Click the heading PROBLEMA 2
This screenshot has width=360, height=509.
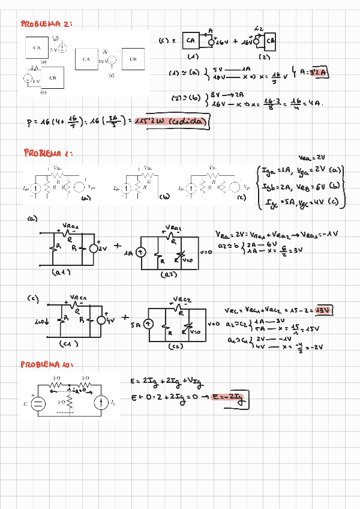[x=47, y=25]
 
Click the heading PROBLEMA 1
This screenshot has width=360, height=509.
[x=48, y=153]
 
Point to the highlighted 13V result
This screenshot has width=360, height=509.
[x=324, y=310]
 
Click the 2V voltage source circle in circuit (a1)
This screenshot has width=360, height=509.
[x=94, y=248]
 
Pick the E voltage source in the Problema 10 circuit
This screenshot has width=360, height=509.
[x=38, y=403]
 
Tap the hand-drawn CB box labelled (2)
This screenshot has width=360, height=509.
[x=271, y=41]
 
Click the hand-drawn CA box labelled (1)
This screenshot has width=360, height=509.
[x=191, y=41]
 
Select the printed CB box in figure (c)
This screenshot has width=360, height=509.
[x=133, y=59]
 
